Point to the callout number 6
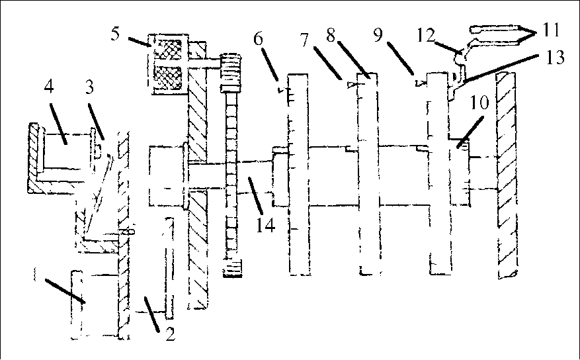258,38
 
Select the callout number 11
552,30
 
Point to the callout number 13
557,58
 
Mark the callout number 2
170,334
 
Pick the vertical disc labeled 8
368,172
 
